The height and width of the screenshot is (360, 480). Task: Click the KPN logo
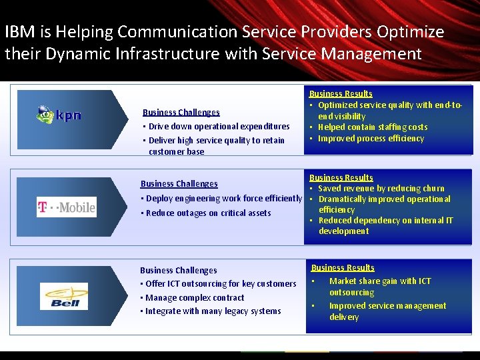click(x=59, y=115)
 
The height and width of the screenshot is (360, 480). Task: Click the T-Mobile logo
click(x=66, y=207)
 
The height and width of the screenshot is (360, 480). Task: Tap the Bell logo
click(x=63, y=296)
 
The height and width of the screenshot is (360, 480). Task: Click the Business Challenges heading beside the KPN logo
click(x=181, y=113)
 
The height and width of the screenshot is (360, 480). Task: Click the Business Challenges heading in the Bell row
click(x=178, y=271)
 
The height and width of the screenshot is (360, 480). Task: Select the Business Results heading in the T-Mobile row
click(x=341, y=178)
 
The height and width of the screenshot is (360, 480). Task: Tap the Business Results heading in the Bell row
click(x=343, y=268)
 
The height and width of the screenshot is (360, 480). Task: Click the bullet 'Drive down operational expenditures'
click(x=219, y=127)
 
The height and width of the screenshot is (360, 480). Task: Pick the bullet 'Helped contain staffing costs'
click(x=373, y=127)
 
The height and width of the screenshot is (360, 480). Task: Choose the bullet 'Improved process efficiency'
click(x=371, y=139)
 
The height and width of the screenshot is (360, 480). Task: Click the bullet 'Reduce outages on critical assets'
click(x=208, y=213)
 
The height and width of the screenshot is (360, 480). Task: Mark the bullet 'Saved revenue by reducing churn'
click(x=381, y=189)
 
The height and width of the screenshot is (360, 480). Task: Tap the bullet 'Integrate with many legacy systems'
click(x=213, y=311)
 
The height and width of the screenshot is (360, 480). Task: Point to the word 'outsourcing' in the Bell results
click(x=351, y=293)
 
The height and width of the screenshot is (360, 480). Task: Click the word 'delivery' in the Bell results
click(x=344, y=317)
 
